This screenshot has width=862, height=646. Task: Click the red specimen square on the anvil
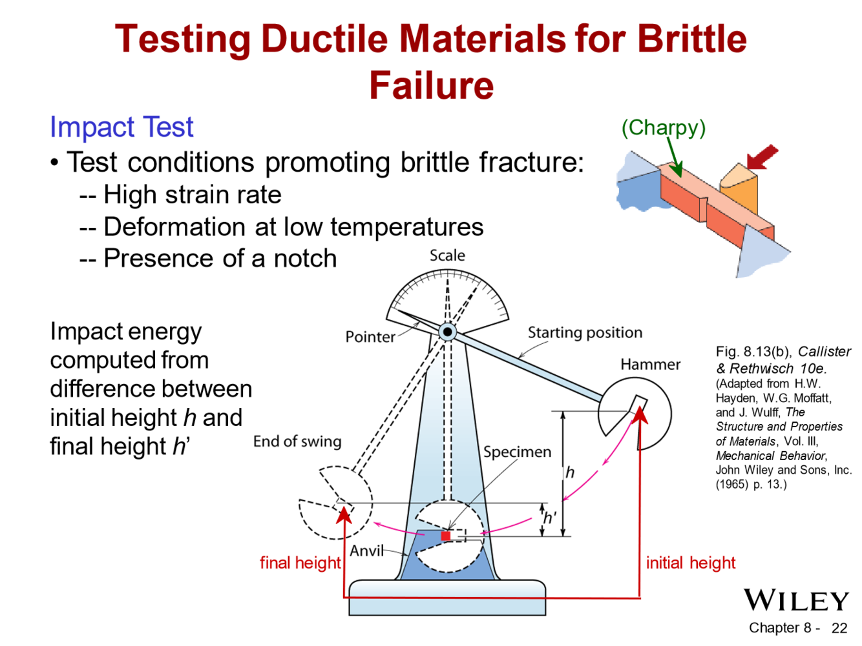coord(445,536)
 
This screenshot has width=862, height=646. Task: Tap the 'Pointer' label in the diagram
coord(370,337)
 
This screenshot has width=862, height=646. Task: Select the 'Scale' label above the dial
coord(447,256)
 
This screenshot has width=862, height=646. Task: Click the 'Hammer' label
coord(650,365)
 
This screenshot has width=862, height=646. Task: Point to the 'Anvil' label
coord(366,551)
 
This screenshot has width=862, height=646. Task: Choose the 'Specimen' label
coord(517,452)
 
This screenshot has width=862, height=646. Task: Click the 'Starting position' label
coord(585,333)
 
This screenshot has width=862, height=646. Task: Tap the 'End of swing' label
coord(297,441)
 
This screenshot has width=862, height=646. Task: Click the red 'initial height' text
coord(690,563)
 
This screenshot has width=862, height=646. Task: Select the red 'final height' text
coord(300,563)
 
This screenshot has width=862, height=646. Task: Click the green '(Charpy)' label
coord(663,128)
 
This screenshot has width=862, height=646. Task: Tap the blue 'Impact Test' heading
coord(121,127)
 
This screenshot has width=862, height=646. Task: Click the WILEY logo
coord(795,600)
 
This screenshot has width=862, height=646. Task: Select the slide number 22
coord(839,628)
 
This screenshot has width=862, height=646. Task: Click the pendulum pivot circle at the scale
coord(447,332)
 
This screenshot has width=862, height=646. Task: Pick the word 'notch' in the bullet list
coord(305,259)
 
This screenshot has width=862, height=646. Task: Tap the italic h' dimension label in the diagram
coord(549,518)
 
